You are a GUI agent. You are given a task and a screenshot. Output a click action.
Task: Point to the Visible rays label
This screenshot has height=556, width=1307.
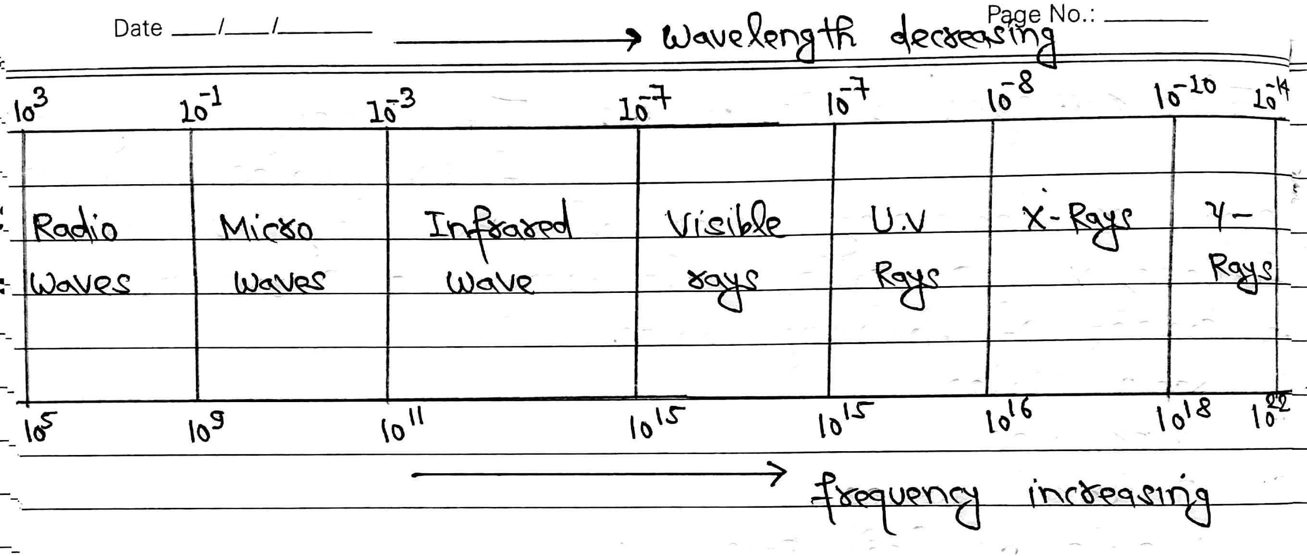(723, 254)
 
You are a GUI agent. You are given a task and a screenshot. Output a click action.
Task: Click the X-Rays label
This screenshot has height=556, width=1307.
(1076, 224)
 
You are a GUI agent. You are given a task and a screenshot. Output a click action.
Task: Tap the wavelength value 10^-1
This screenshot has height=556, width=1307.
(200, 107)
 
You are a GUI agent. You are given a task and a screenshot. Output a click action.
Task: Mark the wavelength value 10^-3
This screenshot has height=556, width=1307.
(391, 107)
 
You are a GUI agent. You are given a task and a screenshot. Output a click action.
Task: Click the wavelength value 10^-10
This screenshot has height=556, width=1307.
(1185, 94)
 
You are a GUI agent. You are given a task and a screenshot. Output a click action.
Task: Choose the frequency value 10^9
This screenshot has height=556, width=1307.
(206, 429)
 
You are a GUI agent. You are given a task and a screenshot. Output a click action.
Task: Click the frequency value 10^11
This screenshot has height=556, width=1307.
(401, 427)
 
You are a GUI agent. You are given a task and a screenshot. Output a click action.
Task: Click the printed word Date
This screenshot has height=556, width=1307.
(137, 28)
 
